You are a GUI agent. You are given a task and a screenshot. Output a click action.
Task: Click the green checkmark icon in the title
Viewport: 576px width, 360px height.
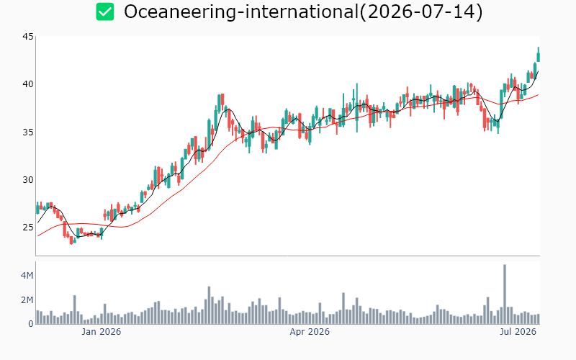(x=105, y=12)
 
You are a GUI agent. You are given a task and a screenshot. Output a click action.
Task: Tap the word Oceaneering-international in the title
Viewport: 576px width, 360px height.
(x=241, y=12)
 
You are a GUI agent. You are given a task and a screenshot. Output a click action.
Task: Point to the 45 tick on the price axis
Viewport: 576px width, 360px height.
(x=28, y=37)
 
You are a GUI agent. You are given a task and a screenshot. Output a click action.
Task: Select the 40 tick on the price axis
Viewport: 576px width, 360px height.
(x=28, y=84)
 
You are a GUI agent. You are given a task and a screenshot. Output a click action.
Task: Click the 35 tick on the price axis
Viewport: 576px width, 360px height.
(x=28, y=132)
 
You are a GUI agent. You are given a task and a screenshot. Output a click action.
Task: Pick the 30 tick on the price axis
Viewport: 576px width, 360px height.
(x=28, y=179)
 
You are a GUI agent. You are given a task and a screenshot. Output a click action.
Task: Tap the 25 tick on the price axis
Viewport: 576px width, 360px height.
(x=28, y=228)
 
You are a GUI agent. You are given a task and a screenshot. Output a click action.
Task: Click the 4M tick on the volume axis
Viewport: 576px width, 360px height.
(x=27, y=276)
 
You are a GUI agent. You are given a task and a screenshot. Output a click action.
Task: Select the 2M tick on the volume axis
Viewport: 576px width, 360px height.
(x=27, y=300)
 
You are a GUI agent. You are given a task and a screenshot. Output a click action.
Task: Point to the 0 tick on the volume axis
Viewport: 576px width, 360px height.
(x=31, y=323)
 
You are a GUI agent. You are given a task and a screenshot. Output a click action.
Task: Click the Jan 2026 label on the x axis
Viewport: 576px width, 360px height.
(x=101, y=332)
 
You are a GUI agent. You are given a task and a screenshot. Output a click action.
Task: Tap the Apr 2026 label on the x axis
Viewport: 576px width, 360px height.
(x=310, y=332)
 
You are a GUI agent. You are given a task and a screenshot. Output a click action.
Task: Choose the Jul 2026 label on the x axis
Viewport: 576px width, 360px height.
(x=518, y=332)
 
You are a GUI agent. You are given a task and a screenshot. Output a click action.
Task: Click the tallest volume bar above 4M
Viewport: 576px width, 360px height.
(x=505, y=294)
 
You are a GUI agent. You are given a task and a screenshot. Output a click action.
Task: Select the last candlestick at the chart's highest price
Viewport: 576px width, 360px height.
(x=539, y=55)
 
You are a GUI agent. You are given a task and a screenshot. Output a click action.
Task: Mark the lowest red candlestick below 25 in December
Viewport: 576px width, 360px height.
(x=71, y=240)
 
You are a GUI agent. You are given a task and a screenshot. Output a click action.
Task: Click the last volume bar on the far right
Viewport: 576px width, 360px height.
(x=539, y=319)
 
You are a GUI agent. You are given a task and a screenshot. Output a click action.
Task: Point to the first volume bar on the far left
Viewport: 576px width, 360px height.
(x=37, y=318)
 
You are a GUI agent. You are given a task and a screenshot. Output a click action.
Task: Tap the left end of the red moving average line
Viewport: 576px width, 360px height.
(x=37, y=236)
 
